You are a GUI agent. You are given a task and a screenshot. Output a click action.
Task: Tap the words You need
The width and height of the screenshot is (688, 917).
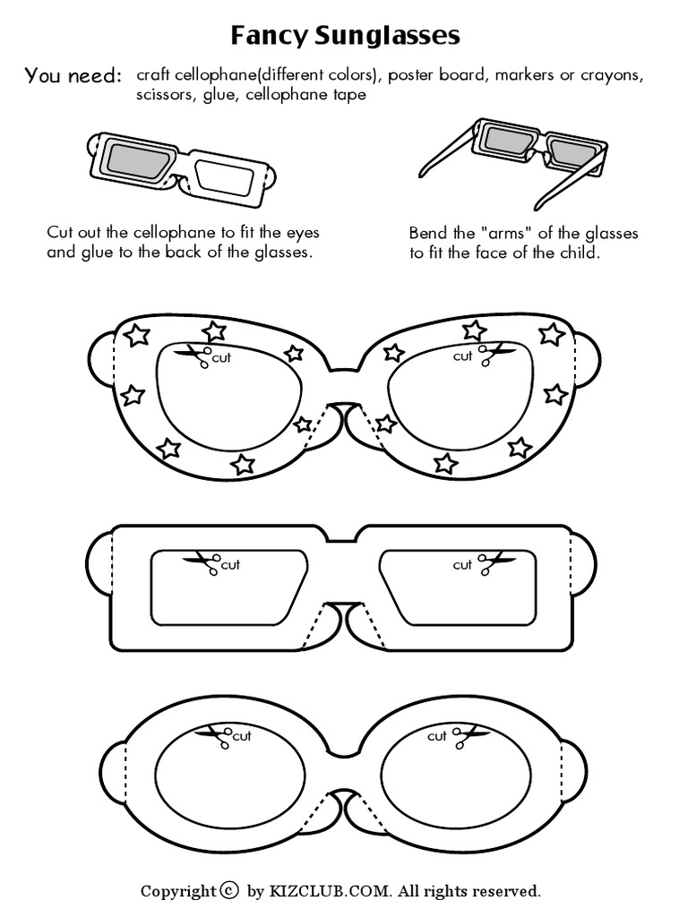click(x=73, y=76)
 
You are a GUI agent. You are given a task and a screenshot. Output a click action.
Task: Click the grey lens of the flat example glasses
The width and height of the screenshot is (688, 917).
click(x=134, y=160)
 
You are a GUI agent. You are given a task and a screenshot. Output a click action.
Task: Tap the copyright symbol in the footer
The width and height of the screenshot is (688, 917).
click(x=230, y=890)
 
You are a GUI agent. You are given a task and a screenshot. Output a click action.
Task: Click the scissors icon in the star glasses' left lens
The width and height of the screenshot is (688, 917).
click(x=194, y=356)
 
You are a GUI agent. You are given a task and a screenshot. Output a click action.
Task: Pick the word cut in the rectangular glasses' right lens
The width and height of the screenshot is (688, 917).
click(x=462, y=564)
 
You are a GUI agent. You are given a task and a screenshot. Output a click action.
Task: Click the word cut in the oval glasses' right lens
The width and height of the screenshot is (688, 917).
click(x=436, y=736)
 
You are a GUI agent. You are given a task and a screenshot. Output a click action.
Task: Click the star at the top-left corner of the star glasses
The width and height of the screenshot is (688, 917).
click(x=135, y=335)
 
